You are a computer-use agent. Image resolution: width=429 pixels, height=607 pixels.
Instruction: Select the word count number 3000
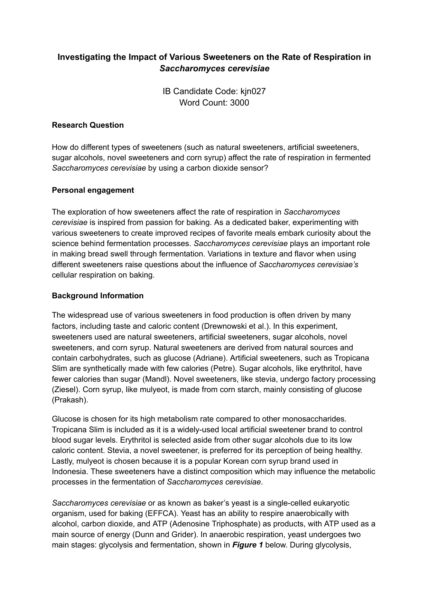[x=240, y=103]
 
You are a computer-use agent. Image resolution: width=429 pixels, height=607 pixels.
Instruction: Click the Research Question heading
[x=88, y=125]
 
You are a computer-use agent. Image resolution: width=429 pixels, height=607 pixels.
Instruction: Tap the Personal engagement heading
[x=93, y=190]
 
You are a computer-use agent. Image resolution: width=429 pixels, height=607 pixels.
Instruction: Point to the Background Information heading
[x=97, y=296]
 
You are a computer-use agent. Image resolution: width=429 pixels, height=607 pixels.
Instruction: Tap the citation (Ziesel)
[x=64, y=389]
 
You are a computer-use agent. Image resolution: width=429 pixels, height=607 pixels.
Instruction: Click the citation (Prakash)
[x=70, y=400]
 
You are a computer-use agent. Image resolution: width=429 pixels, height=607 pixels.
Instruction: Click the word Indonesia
[x=69, y=471]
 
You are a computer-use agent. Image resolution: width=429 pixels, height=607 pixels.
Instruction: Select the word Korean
[x=235, y=461]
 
